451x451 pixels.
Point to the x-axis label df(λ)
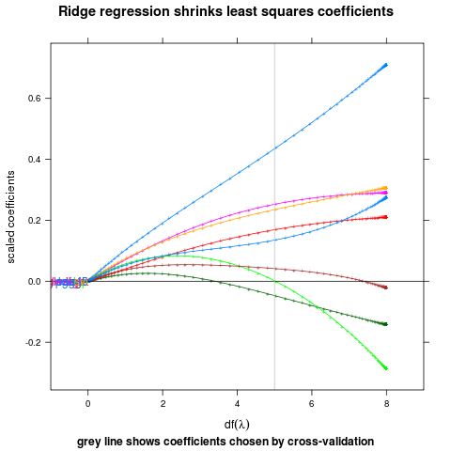(237, 425)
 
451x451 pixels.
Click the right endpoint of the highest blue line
(385, 65)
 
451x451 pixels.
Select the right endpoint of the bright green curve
(385, 367)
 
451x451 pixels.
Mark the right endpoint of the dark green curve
(385, 324)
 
